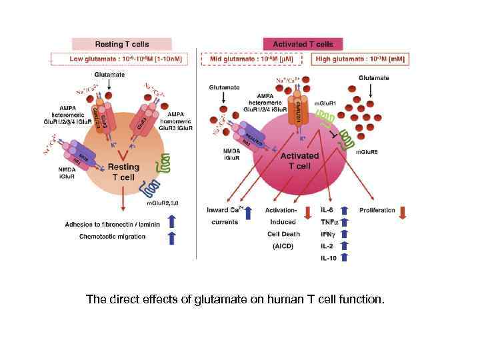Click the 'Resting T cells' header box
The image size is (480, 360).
click(x=121, y=44)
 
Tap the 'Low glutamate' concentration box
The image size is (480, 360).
click(x=121, y=59)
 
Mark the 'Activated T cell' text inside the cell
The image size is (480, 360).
click(x=299, y=160)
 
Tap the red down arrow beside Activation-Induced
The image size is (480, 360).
click(x=307, y=213)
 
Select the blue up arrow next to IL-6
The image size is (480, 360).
click(x=345, y=210)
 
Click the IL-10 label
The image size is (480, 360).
click(x=329, y=257)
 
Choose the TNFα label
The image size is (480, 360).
click(x=329, y=222)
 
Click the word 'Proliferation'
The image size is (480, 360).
click(x=377, y=211)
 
